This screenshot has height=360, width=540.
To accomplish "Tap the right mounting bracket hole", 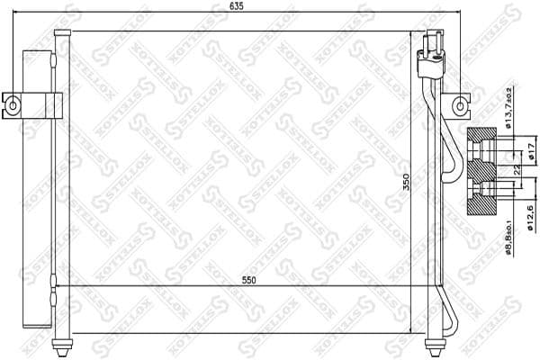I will click(x=461, y=105).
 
